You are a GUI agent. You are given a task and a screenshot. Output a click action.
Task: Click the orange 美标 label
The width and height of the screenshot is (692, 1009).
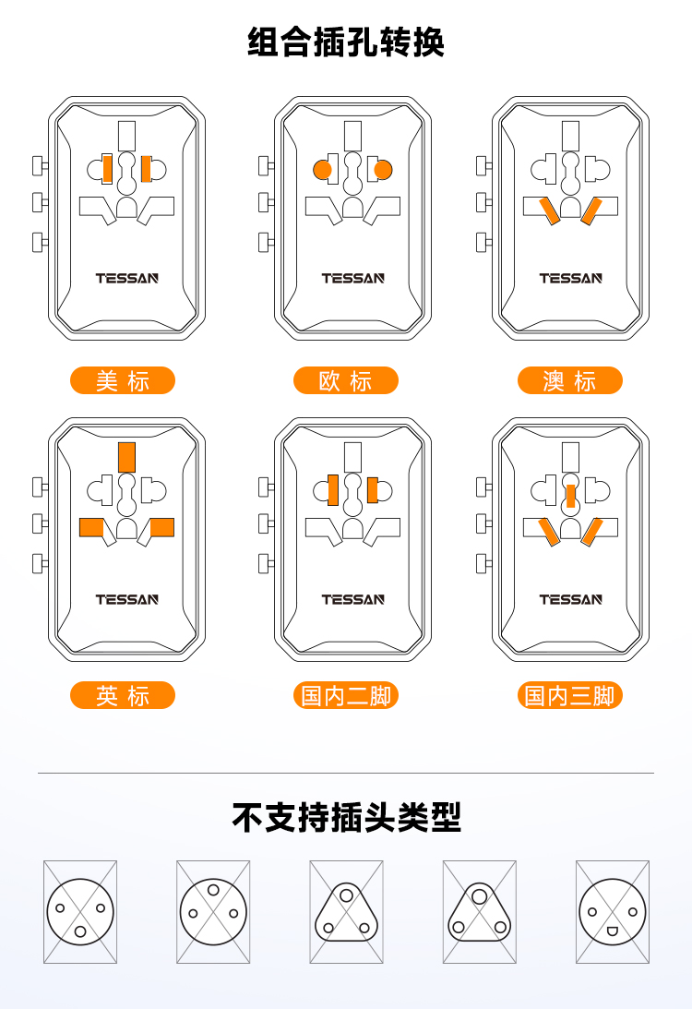point(122,380)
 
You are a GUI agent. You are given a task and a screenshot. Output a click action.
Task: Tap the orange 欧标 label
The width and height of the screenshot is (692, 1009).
point(346,380)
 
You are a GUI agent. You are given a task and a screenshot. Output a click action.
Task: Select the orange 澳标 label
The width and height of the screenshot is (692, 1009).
point(570,380)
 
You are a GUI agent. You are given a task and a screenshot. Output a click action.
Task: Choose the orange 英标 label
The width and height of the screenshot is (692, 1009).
point(122,695)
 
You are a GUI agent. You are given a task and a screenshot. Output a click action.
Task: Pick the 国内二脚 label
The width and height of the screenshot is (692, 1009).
point(346,695)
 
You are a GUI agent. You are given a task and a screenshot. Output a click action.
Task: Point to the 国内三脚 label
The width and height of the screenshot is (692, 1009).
point(570,695)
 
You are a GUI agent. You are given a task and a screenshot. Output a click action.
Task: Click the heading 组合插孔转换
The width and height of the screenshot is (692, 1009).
point(346,42)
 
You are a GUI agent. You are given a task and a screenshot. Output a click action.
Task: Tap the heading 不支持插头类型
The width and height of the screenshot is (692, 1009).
point(346,817)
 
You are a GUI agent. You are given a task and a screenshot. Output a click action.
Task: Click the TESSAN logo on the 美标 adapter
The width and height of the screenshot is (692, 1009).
point(126,278)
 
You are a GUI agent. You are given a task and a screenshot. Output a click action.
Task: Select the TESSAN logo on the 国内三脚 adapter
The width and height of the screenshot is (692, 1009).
point(570,599)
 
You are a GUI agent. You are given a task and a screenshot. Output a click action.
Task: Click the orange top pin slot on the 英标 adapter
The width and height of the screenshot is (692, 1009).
point(126,457)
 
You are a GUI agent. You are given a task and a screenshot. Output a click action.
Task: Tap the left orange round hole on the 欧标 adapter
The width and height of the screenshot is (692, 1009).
point(323,170)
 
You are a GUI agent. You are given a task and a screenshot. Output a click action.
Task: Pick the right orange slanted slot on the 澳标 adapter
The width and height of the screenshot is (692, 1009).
point(591,211)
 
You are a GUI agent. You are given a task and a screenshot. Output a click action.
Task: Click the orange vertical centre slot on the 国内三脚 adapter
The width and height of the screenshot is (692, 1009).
point(570,496)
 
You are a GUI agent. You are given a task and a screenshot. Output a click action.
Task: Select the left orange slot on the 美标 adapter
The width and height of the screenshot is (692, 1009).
point(107,169)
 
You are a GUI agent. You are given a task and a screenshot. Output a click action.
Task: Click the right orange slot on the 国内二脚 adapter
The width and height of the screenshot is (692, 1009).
point(373,490)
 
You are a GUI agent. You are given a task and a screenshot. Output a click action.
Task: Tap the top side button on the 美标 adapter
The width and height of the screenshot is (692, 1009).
point(40,165)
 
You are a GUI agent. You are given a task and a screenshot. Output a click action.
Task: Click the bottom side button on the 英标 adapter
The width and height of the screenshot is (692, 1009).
point(40,564)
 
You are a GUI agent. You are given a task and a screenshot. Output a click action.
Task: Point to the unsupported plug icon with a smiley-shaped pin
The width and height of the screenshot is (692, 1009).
point(613,912)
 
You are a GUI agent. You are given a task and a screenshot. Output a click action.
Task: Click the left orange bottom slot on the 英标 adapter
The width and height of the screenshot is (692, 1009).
point(91,527)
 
